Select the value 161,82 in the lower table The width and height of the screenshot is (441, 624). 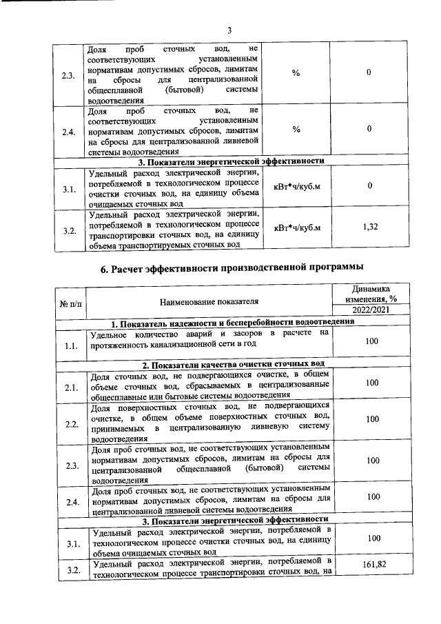point(372,563)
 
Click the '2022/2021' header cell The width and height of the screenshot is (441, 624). point(372,311)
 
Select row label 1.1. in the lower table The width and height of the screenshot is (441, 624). point(70,345)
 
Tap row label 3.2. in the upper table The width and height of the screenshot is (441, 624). point(69,231)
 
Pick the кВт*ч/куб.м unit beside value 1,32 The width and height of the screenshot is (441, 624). point(297,227)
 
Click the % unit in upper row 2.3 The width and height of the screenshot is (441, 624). point(296,74)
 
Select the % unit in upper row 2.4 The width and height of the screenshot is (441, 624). point(296,129)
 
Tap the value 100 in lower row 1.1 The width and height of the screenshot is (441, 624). point(372,341)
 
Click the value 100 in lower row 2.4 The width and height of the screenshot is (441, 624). point(372,496)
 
